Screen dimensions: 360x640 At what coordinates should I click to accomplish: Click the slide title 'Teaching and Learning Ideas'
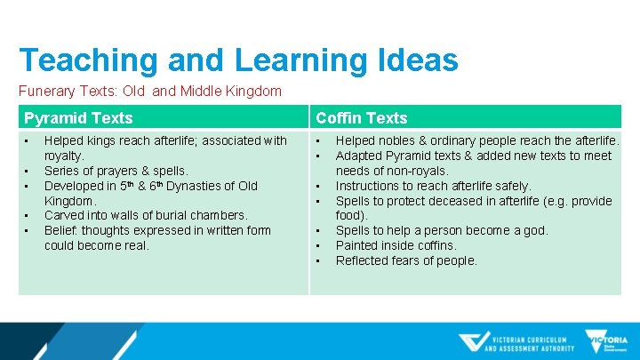[x=238, y=60]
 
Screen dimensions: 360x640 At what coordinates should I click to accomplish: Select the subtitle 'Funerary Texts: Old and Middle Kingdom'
[x=150, y=91]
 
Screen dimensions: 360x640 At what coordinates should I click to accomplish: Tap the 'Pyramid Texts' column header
[x=78, y=118]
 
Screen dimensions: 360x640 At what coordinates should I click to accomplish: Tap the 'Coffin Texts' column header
[x=361, y=118]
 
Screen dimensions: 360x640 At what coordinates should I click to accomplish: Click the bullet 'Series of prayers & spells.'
[x=116, y=171]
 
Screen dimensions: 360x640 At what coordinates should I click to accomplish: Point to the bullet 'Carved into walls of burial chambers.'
[x=146, y=215]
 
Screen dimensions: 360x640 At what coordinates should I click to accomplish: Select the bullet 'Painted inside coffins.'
[x=396, y=245]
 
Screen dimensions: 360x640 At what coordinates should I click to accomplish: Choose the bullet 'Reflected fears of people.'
[x=406, y=260]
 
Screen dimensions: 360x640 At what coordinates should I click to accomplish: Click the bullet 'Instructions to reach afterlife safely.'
[x=433, y=186]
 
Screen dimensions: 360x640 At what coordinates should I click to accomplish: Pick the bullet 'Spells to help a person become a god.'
[x=442, y=230]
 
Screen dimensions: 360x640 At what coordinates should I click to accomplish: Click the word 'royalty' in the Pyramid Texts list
[x=63, y=156]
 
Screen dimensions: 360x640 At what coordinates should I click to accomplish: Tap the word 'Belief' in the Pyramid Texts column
[x=60, y=230]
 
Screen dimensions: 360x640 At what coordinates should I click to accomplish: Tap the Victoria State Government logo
[x=606, y=341]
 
